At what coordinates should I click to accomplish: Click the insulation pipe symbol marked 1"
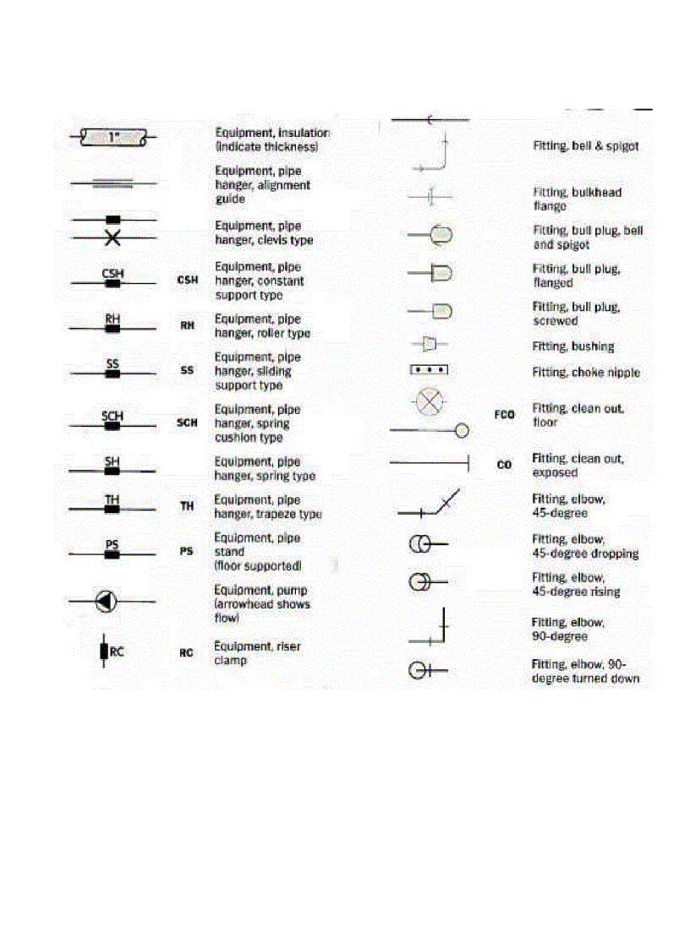(112, 136)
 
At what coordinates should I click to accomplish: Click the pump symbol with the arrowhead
(105, 602)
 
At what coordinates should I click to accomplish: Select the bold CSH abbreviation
(187, 280)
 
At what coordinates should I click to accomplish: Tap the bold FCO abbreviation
(505, 415)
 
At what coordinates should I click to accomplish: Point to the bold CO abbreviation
(504, 465)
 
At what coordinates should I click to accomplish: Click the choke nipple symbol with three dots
(429, 370)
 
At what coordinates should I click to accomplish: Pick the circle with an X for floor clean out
(430, 401)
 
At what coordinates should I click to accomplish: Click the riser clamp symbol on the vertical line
(103, 652)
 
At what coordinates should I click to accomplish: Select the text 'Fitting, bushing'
(572, 346)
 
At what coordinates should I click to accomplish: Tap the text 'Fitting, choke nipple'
(585, 373)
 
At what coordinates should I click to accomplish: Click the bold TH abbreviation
(187, 506)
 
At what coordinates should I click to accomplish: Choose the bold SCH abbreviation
(187, 423)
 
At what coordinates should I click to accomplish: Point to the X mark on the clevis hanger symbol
(112, 239)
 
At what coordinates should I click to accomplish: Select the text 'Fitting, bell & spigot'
(585, 146)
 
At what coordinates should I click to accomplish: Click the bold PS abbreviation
(187, 552)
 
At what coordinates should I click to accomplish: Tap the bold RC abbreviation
(187, 653)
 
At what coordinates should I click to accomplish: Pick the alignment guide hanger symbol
(112, 181)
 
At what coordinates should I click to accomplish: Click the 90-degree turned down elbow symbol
(427, 671)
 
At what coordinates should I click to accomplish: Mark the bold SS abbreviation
(187, 370)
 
